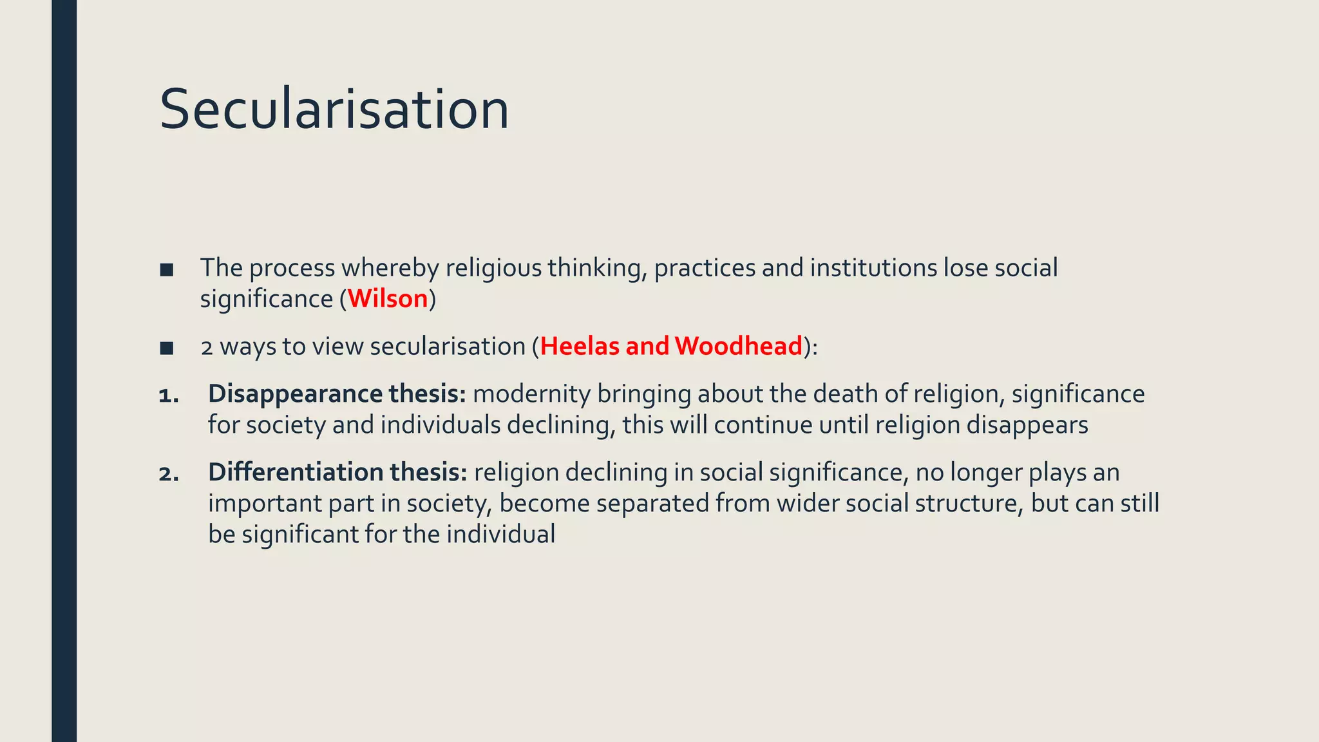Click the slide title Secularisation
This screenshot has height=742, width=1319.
click(334, 109)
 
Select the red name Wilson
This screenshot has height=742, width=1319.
click(388, 299)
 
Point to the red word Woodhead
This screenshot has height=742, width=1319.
click(739, 347)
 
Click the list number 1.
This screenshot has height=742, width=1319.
click(169, 395)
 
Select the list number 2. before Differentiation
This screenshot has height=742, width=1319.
click(169, 474)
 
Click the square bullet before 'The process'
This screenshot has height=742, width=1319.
click(167, 270)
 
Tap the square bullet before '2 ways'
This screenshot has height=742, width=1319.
click(167, 348)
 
